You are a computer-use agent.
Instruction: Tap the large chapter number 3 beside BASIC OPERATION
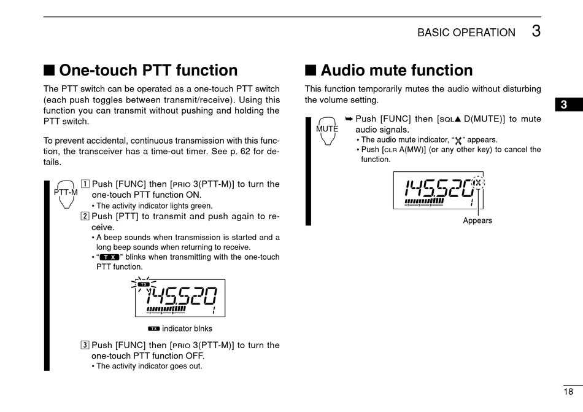click(x=536, y=31)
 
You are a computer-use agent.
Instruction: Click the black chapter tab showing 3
click(x=563, y=104)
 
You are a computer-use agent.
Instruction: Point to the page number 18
click(x=568, y=391)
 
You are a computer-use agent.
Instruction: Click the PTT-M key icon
click(x=66, y=193)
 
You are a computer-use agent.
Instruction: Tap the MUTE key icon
click(x=327, y=130)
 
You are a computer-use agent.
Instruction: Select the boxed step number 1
click(x=85, y=184)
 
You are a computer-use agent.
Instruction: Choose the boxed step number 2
click(x=85, y=216)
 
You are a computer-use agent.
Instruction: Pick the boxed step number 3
click(x=85, y=345)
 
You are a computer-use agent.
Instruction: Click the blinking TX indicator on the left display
click(x=144, y=284)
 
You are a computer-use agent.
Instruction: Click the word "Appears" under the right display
click(x=477, y=220)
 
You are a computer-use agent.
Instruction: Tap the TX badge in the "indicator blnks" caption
click(x=153, y=328)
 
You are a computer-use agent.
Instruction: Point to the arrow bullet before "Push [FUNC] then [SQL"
click(x=349, y=119)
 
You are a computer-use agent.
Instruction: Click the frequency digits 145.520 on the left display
click(x=181, y=298)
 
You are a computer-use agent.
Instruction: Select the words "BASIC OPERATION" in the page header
click(x=466, y=33)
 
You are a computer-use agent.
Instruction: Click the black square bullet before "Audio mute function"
click(x=311, y=71)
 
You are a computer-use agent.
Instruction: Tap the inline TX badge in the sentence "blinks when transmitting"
click(x=109, y=257)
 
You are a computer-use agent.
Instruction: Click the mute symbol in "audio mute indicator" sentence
click(x=458, y=140)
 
